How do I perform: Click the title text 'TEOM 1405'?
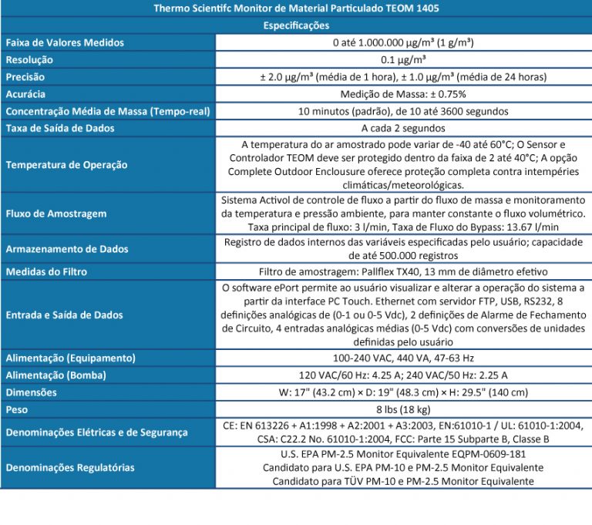click(414, 9)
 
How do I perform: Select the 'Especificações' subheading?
click(296, 26)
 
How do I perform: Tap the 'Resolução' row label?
click(29, 59)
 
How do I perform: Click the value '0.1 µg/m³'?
click(403, 59)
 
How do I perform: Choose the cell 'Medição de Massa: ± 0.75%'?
click(403, 94)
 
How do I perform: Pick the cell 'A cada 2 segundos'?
click(403, 128)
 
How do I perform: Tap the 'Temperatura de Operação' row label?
click(66, 165)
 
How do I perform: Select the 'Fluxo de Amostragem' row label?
click(55, 214)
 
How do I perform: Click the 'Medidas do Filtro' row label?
click(46, 272)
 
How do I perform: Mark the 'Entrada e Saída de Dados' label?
click(64, 315)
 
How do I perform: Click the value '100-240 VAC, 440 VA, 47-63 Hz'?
click(403, 358)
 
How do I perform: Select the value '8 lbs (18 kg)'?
click(403, 409)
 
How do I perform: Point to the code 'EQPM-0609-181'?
click(489, 455)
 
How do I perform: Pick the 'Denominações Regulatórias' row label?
click(69, 467)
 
